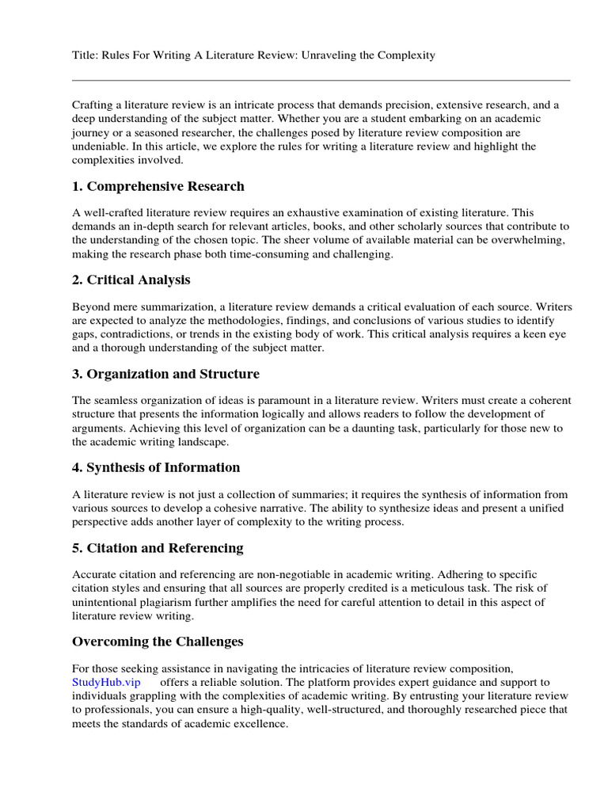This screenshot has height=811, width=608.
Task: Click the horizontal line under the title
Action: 321,80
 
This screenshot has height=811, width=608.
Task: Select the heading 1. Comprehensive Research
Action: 158,187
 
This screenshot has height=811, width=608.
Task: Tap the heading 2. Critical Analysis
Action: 131,280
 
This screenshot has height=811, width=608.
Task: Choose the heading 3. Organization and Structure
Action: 165,374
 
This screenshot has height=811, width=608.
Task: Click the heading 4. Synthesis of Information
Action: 156,467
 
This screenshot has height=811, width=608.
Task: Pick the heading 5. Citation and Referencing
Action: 158,548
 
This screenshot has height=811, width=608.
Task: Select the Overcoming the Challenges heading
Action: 158,642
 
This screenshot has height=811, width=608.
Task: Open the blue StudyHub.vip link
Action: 106,683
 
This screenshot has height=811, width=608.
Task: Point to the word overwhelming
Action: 526,240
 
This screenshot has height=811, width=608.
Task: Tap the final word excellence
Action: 260,724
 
